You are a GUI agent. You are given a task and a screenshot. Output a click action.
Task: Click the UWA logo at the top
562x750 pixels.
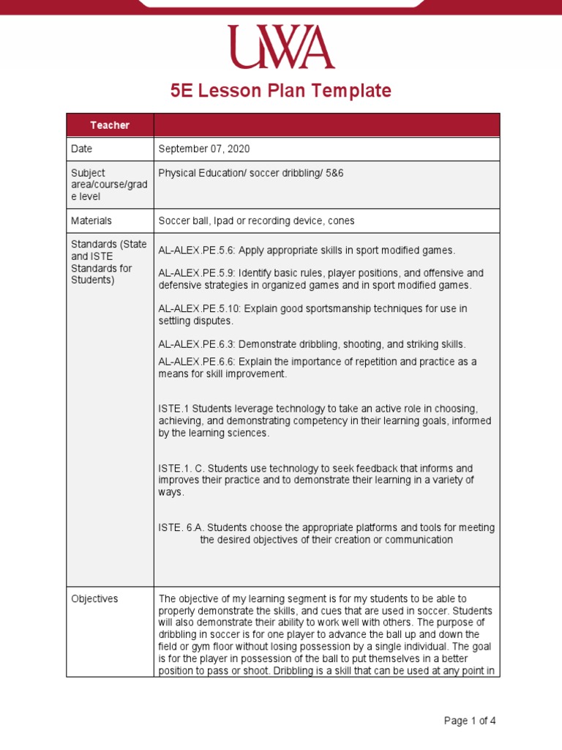(x=280, y=48)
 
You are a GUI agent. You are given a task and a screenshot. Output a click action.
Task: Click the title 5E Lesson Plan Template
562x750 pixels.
(x=281, y=91)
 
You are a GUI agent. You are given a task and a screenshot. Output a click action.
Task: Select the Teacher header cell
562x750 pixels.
(x=110, y=125)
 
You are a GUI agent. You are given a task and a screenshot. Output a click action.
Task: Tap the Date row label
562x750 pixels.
(x=82, y=149)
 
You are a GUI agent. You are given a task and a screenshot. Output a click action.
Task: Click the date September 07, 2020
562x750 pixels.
(x=204, y=149)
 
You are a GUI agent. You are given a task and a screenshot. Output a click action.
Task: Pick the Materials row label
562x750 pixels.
(x=91, y=220)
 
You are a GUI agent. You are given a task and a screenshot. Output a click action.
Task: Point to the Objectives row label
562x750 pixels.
(x=94, y=598)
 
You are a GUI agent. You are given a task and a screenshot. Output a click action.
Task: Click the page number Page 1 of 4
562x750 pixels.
(x=470, y=721)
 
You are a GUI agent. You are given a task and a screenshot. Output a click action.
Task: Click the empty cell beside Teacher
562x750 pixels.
(x=326, y=125)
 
